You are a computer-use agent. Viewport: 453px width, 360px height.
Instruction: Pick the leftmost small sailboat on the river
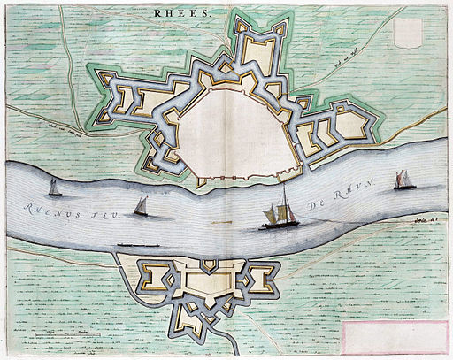(x=54, y=187)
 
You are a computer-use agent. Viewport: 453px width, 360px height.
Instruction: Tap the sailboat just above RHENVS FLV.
(x=140, y=206)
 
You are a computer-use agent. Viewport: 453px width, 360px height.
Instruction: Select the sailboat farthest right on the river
(x=404, y=180)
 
